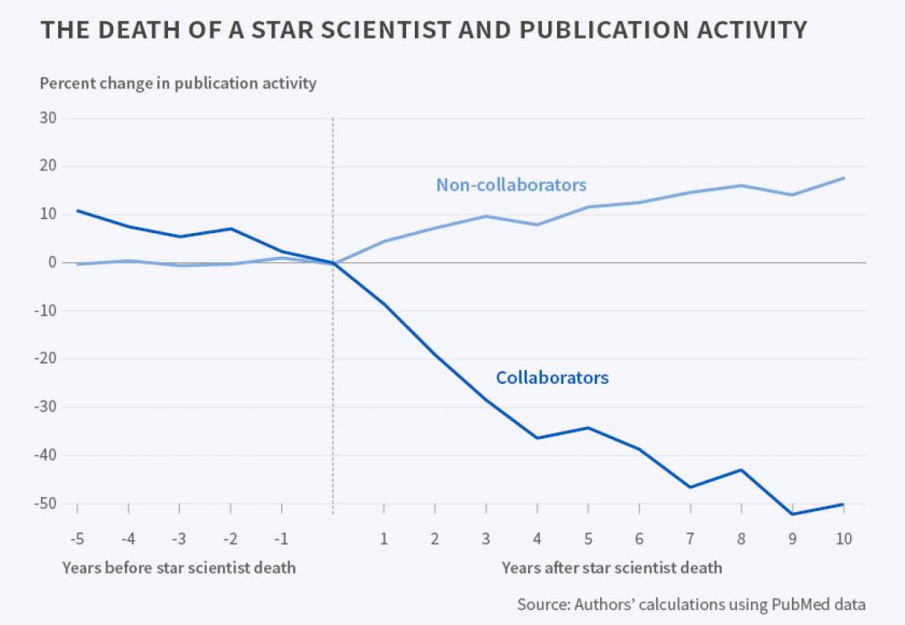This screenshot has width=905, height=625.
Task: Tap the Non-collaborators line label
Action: [511, 185]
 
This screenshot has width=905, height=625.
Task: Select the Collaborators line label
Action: [551, 378]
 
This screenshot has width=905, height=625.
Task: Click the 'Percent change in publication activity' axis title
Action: [178, 83]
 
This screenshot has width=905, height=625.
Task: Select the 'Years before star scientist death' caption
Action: [179, 567]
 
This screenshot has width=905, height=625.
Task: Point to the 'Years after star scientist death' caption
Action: [611, 567]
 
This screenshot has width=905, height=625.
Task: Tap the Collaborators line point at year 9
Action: [792, 514]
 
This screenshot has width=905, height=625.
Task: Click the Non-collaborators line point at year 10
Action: [843, 178]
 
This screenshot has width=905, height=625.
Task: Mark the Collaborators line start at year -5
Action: [77, 210]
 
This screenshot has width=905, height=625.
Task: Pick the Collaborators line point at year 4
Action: [537, 437]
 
